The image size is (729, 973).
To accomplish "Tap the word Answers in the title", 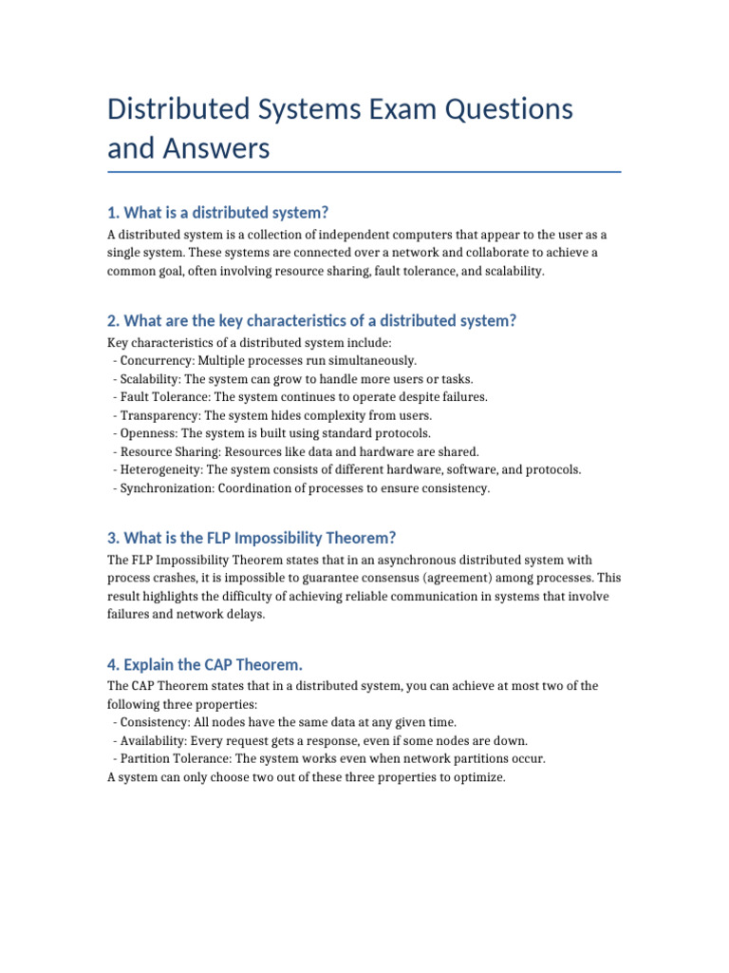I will [216, 149].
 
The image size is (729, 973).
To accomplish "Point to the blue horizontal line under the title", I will [364, 172].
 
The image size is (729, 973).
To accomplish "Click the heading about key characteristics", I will [312, 320].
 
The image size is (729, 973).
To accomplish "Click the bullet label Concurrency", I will [156, 361].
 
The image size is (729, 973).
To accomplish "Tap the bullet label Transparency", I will [158, 415].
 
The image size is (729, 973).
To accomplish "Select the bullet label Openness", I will [148, 433].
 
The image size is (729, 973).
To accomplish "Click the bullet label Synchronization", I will [165, 487].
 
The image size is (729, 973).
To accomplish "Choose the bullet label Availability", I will [154, 740].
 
